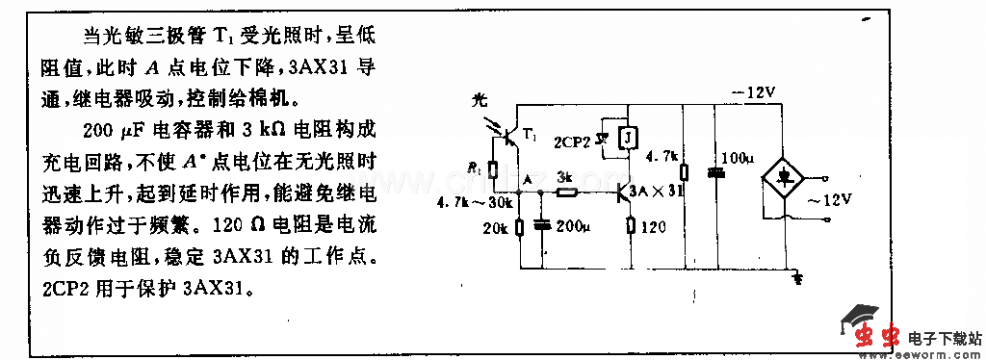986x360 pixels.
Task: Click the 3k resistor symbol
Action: (567, 193)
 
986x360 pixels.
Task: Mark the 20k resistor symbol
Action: (519, 227)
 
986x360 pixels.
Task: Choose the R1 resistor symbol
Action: (492, 168)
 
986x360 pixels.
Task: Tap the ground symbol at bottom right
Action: (794, 278)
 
